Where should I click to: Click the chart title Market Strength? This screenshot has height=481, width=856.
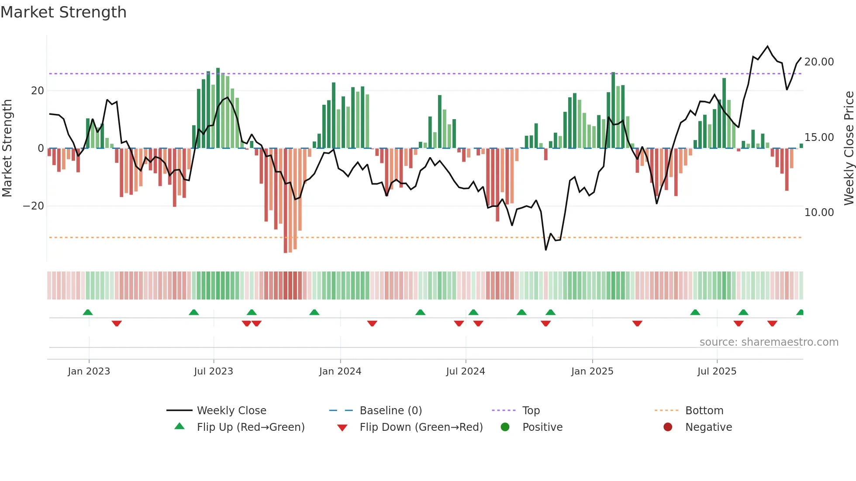(63, 12)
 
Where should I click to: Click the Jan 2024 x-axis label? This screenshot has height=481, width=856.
(340, 371)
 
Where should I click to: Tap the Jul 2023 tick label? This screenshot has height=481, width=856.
(214, 371)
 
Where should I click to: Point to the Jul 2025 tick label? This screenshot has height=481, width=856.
(717, 371)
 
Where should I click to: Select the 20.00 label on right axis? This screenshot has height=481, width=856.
(819, 62)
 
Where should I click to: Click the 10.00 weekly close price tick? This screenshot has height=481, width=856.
(819, 213)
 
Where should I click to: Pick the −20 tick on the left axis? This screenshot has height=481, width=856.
(34, 206)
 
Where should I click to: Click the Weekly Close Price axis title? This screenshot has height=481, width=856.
(849, 148)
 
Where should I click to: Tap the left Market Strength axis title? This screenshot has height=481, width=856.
(7, 148)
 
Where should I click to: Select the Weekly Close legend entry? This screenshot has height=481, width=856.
(231, 411)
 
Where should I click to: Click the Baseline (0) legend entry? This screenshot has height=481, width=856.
(390, 411)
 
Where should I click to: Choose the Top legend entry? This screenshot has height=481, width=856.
(531, 411)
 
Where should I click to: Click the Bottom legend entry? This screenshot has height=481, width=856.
(704, 411)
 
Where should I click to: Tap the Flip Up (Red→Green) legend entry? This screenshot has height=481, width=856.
(250, 427)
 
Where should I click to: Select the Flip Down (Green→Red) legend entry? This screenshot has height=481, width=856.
(421, 427)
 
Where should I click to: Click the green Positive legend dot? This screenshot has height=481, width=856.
(505, 427)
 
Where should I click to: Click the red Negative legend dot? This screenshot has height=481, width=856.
(668, 427)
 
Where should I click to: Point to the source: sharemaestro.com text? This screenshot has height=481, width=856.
(769, 342)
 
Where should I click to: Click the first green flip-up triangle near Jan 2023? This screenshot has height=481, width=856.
(88, 312)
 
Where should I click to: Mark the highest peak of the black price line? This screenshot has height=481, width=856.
(767, 46)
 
